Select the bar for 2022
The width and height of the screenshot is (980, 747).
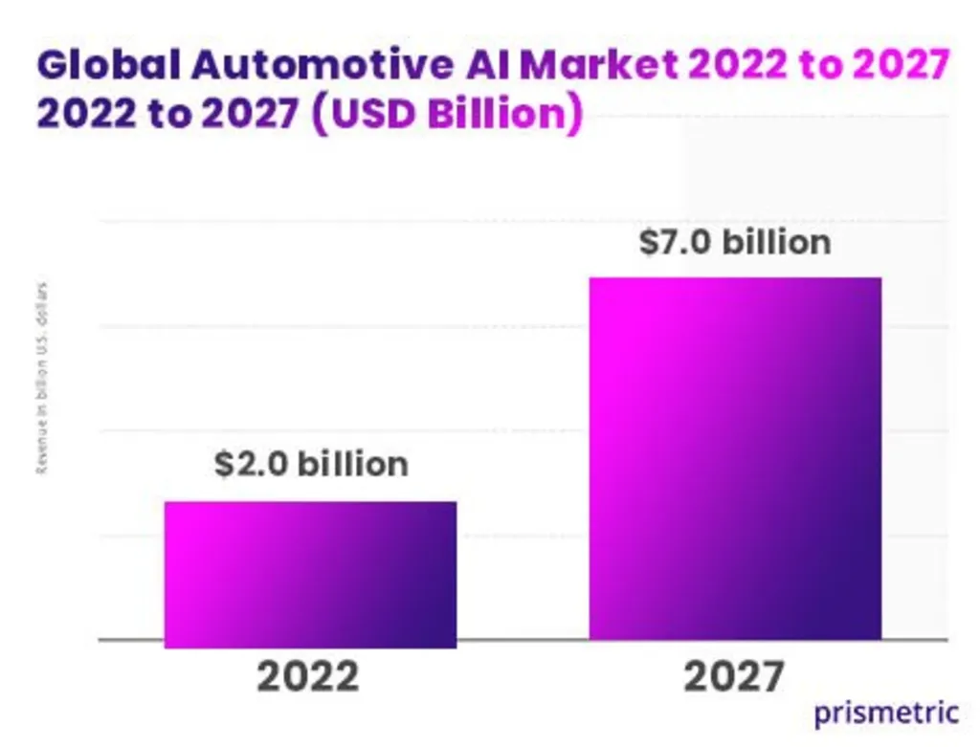tap(310, 574)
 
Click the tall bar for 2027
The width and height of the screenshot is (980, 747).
tap(734, 458)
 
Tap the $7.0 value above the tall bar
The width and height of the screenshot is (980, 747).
tap(676, 242)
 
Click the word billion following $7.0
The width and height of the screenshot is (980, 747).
tap(776, 242)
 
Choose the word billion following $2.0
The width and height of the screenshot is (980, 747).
tap(352, 464)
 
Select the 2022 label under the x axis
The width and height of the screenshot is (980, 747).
tap(308, 677)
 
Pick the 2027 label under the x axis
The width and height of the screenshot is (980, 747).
tap(733, 677)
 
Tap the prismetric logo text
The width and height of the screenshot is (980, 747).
tap(886, 712)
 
